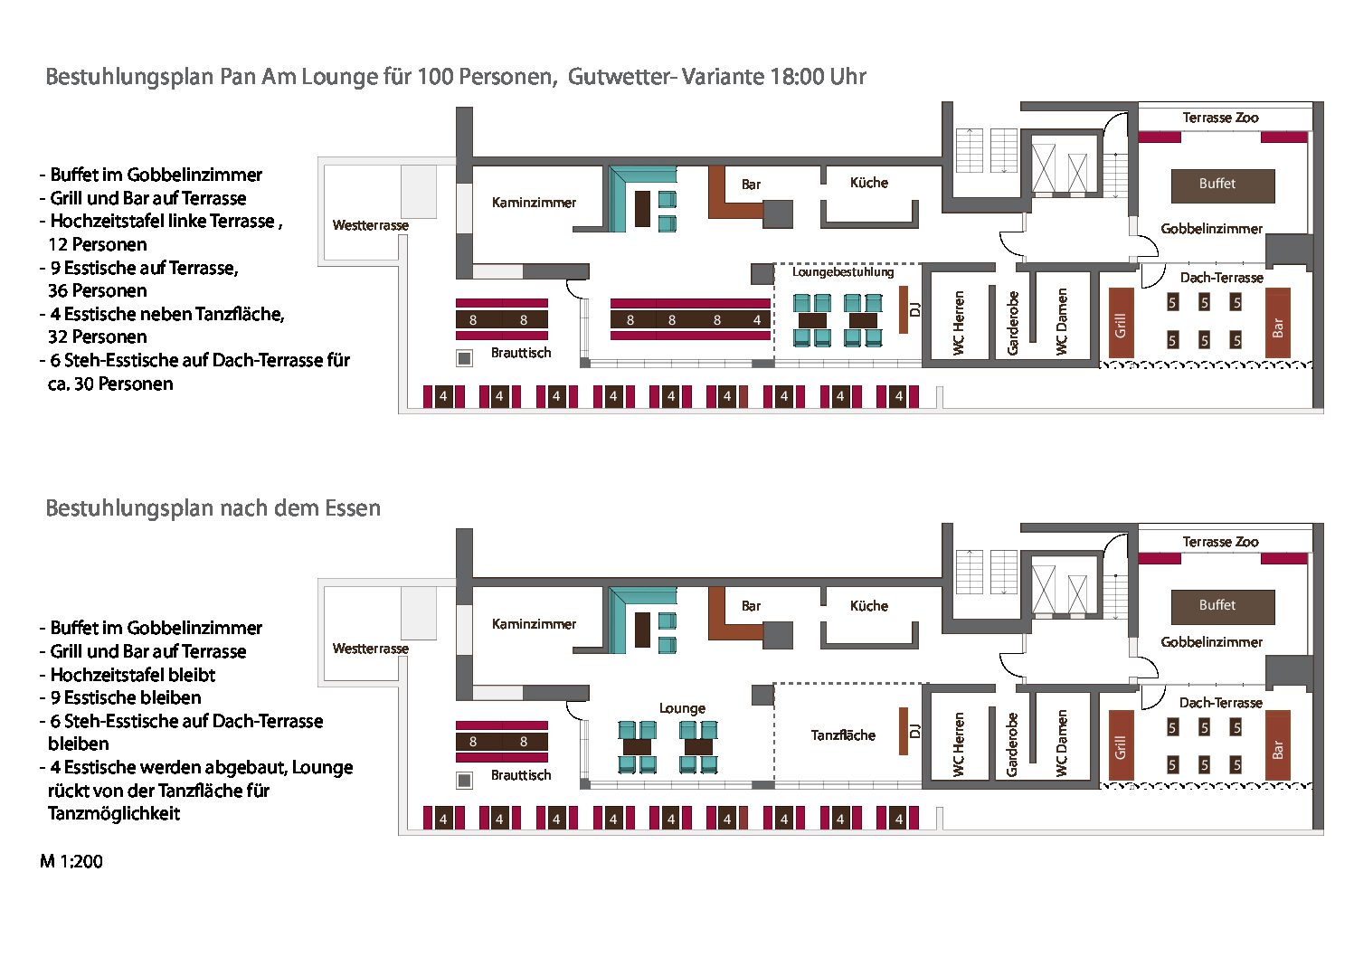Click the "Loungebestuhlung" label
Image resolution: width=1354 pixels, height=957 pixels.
click(843, 271)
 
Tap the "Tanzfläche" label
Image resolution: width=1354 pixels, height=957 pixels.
click(843, 735)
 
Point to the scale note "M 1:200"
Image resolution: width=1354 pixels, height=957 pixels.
click(71, 862)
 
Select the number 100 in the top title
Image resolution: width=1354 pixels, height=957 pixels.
click(434, 77)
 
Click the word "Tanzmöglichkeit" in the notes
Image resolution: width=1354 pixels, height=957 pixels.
click(114, 814)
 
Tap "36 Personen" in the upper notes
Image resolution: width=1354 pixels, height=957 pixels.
click(97, 291)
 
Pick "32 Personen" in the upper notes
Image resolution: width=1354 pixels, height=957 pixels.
click(97, 337)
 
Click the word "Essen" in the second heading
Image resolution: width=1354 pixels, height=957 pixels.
click(353, 508)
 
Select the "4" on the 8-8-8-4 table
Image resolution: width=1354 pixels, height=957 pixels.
click(757, 320)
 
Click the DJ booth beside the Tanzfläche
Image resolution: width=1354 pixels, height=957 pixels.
click(904, 731)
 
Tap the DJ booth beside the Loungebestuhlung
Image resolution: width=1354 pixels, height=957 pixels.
click(904, 309)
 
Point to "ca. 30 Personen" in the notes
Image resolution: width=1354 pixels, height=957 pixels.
click(110, 384)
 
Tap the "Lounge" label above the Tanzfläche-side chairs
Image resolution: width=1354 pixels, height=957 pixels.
click(682, 708)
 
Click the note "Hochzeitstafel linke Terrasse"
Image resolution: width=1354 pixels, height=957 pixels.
click(163, 222)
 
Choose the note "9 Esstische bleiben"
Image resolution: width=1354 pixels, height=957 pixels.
click(126, 698)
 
